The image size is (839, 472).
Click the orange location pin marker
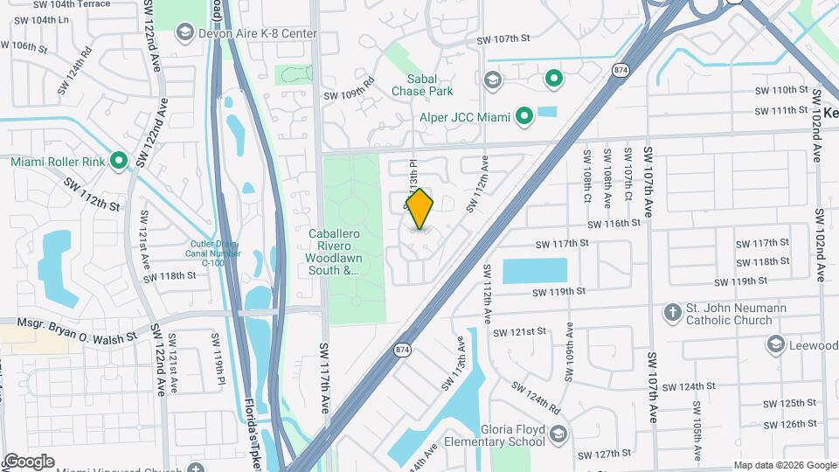pyautogui.click(x=419, y=209)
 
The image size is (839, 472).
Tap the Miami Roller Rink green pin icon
pyautogui.click(x=120, y=162)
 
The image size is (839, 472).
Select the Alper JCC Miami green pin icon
pyautogui.click(x=524, y=115)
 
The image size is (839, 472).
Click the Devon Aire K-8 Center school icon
pyautogui.click(x=184, y=33)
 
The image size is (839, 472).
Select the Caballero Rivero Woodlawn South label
pyautogui.click(x=335, y=252)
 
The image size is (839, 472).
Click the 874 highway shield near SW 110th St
pyautogui.click(x=621, y=69)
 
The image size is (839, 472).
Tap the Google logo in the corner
pyautogui.click(x=28, y=462)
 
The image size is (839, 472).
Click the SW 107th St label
pyautogui.click(x=503, y=38)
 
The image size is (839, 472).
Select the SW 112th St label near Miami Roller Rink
pyautogui.click(x=91, y=195)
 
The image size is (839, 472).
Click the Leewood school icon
pyautogui.click(x=775, y=345)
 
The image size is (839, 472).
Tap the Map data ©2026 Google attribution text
pyautogui.click(x=784, y=465)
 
